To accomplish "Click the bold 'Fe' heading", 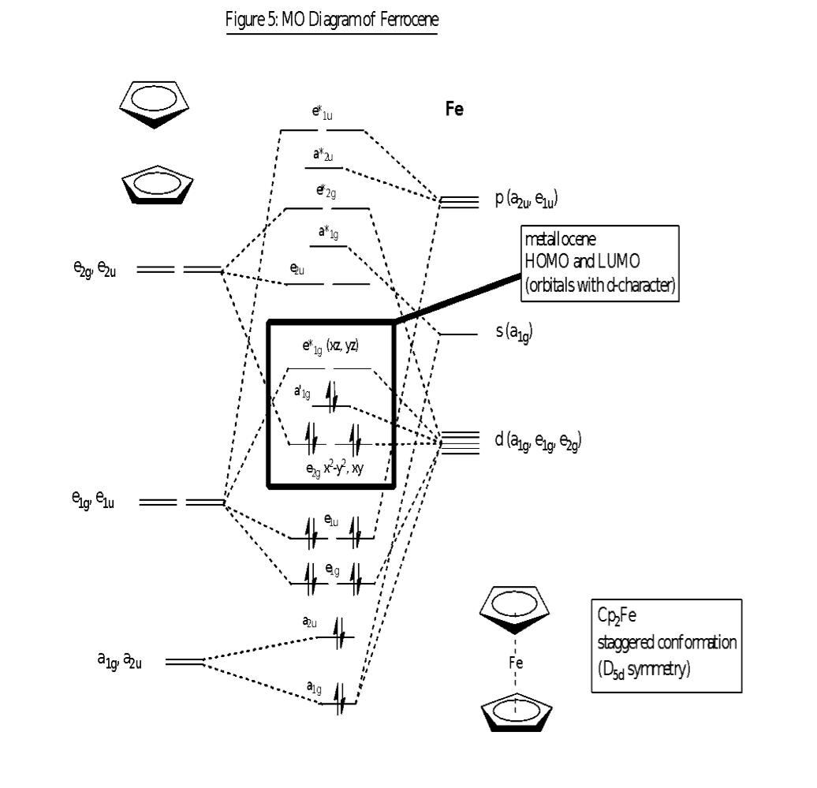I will (454, 109).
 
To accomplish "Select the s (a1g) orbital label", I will (514, 333).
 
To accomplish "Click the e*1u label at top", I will (322, 114).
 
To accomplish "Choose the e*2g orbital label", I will (326, 192).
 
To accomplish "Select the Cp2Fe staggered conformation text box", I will (666, 645).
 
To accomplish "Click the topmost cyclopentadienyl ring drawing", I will (152, 105).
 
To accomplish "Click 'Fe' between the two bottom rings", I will (516, 663).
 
